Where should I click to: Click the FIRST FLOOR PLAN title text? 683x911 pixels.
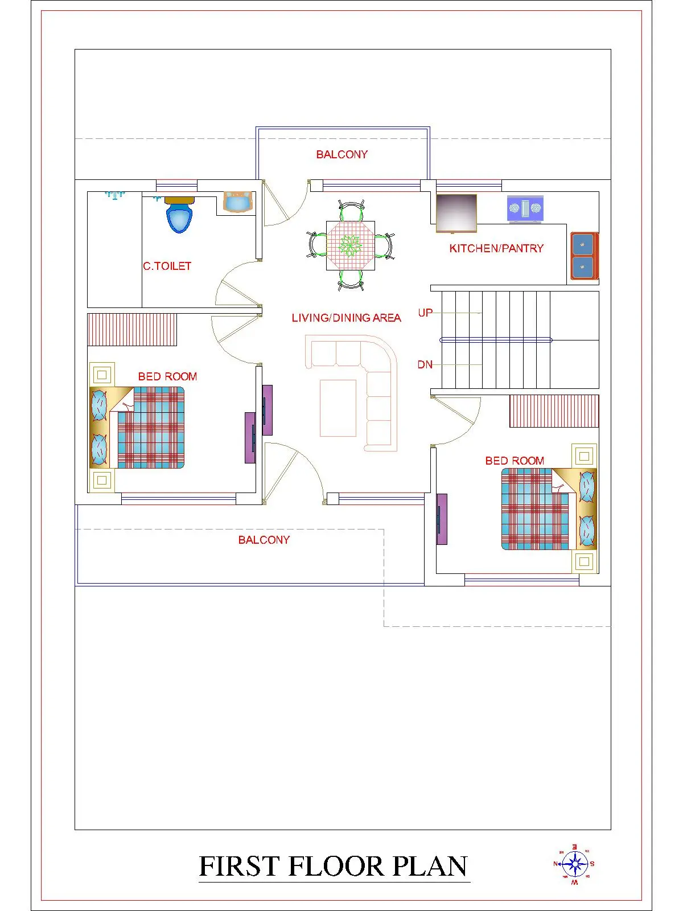334,867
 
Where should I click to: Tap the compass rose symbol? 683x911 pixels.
575,864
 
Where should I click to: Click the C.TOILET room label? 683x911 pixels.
167,266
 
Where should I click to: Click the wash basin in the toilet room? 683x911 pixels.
237,202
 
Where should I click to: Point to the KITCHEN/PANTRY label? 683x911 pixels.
496,248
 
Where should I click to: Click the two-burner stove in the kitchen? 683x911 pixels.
525,209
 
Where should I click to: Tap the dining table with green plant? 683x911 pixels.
351,245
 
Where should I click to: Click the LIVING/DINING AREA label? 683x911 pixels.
346,318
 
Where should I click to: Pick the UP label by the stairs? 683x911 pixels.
425,313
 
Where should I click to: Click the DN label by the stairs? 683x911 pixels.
425,364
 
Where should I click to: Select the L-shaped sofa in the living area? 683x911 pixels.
376,381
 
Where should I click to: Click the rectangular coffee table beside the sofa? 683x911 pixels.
338,408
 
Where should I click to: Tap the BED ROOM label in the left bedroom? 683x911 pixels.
167,376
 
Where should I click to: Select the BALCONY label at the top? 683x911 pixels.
341,154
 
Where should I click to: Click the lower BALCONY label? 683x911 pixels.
264,540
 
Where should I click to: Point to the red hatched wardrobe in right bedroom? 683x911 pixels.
554,411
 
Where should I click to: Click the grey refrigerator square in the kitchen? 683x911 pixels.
456,213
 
